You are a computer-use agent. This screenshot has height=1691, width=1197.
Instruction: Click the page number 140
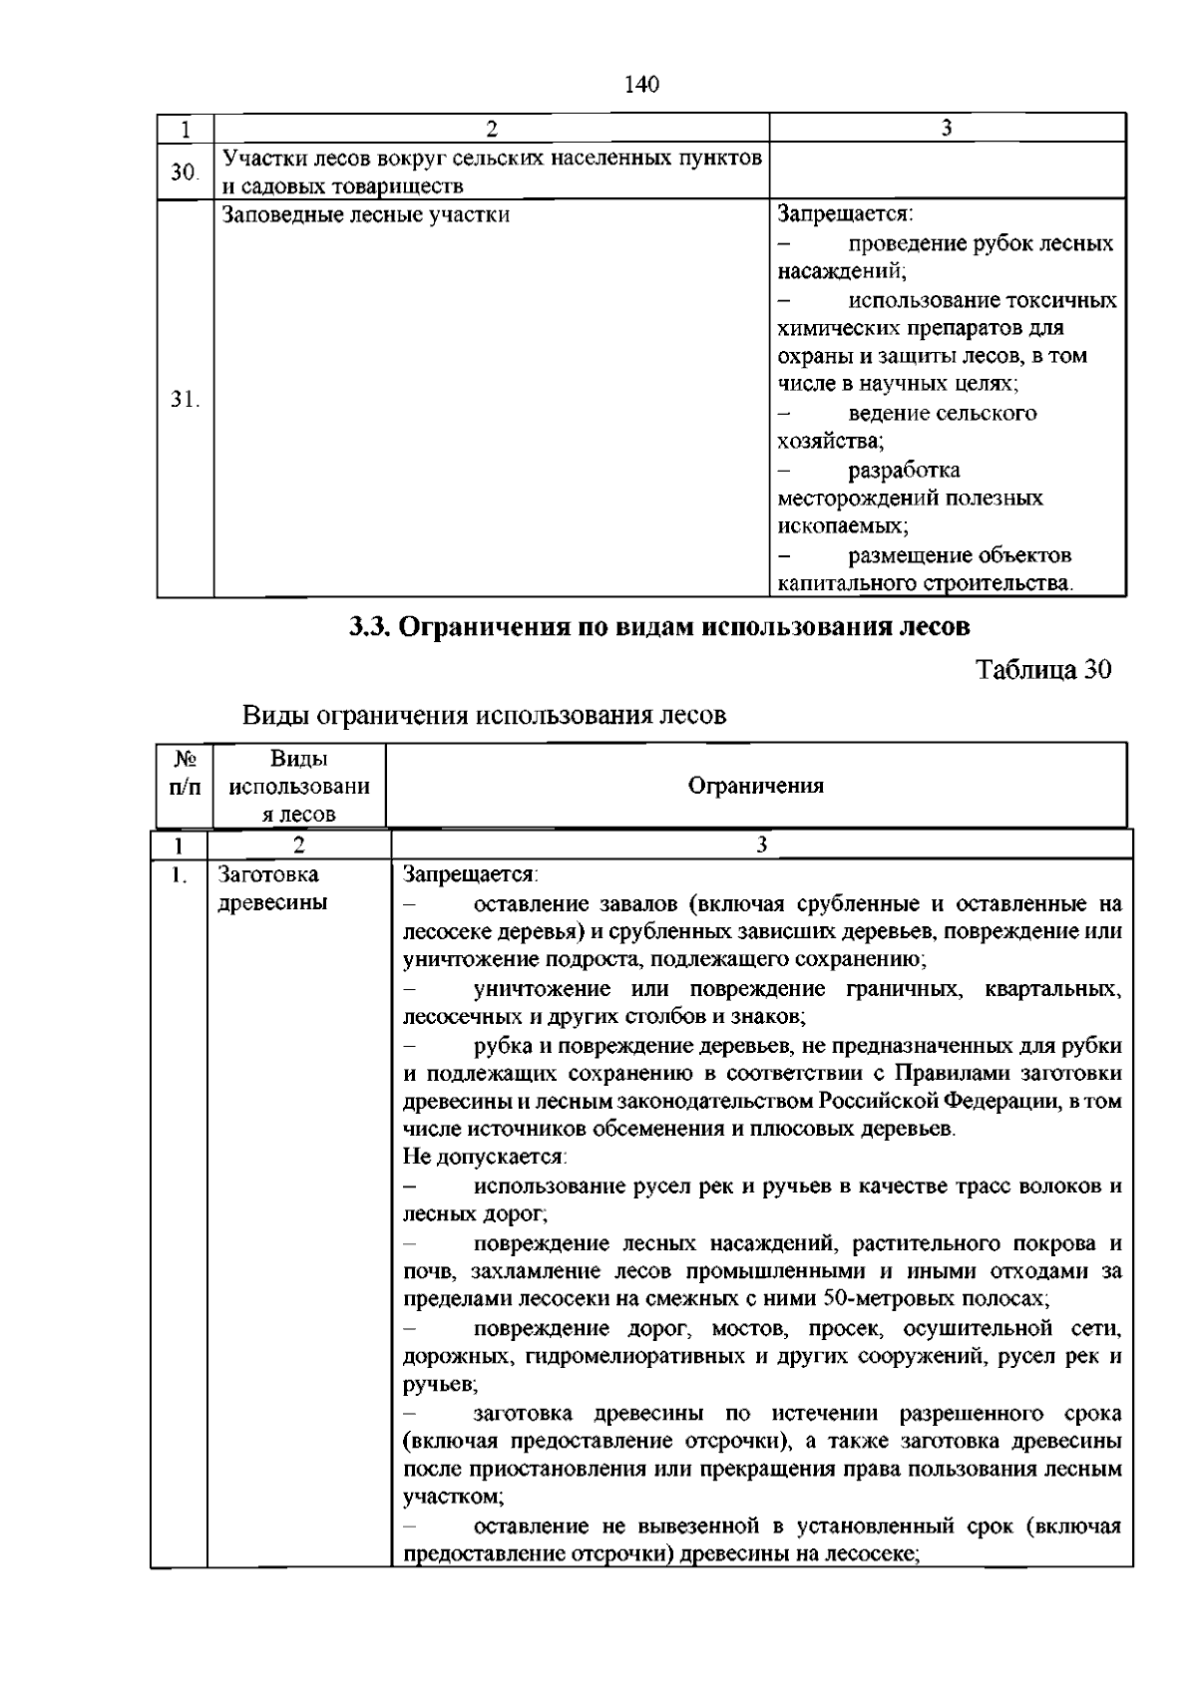(641, 85)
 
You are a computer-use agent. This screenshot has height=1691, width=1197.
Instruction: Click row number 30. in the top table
(184, 171)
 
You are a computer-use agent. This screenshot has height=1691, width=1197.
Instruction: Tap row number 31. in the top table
(184, 400)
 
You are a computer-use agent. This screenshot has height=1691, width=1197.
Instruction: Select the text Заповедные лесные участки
(365, 214)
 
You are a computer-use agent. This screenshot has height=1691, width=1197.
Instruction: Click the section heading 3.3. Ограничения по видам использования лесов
(658, 627)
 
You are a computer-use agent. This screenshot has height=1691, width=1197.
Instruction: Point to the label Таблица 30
(1042, 669)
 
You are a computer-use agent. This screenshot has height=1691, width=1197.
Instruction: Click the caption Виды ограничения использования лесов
(485, 715)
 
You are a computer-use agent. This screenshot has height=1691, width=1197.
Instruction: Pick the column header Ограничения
(756, 786)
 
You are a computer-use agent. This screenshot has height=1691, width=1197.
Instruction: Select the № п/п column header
(184, 772)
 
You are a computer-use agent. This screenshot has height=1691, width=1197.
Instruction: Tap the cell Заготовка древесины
(271, 888)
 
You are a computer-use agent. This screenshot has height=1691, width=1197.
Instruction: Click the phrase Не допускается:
(485, 1158)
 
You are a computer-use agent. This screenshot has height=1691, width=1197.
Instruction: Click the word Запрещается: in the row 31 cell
(846, 214)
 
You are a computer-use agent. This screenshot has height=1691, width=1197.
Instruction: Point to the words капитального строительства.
(925, 583)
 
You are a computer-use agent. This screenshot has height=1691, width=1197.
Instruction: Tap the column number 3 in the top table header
(947, 128)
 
